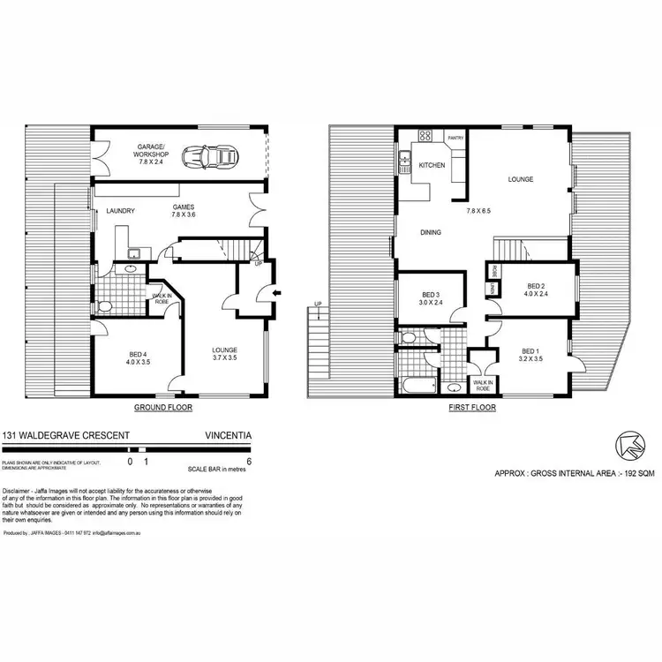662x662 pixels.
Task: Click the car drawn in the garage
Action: (x=210, y=158)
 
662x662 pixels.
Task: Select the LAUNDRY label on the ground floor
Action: (x=119, y=212)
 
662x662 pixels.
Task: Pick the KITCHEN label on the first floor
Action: (x=431, y=166)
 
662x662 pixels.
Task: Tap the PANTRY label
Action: (x=455, y=139)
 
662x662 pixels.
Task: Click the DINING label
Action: (x=430, y=233)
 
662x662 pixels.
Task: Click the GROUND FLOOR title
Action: (x=162, y=409)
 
